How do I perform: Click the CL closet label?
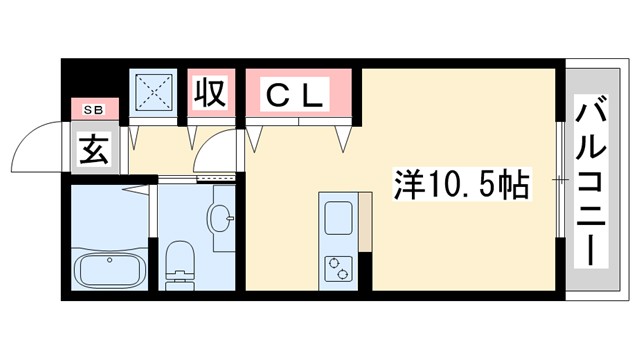(295, 97)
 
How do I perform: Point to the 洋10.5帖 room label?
(462, 184)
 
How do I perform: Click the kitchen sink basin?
(337, 216)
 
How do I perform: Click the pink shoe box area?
(95, 109)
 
